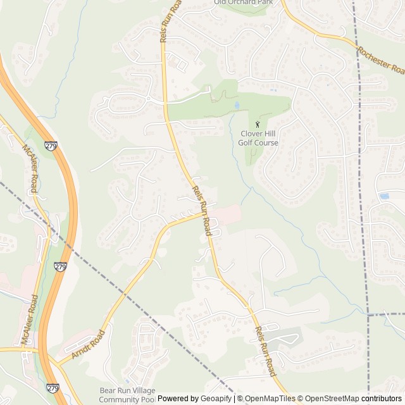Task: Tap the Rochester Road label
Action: point(380,58)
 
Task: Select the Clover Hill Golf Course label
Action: point(259,138)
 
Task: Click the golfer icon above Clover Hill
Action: point(257,124)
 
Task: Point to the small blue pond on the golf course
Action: point(237,105)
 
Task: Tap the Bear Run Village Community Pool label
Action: point(127,395)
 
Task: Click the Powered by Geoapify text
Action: point(195,399)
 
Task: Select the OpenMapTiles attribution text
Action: point(269,399)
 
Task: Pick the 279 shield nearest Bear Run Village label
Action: point(53,387)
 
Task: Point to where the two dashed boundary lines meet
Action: point(368,314)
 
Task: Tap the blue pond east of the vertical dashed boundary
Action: point(383,196)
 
